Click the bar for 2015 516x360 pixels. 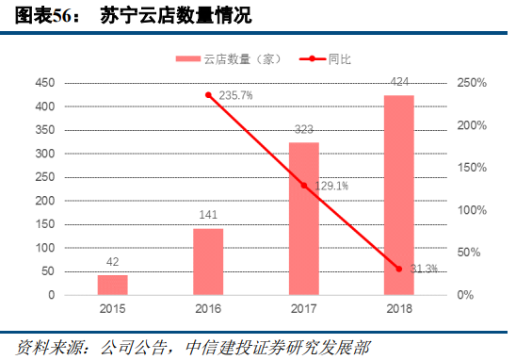pos(112,284)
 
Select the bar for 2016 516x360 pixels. pos(208,261)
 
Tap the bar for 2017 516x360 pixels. pos(303,218)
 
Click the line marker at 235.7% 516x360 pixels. pos(208,95)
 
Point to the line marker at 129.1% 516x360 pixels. pos(303,186)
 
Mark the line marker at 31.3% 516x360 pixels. pos(398,269)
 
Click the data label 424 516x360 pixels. pos(398,84)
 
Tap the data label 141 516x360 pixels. pos(208,215)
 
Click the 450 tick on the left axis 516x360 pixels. pos(45,83)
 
